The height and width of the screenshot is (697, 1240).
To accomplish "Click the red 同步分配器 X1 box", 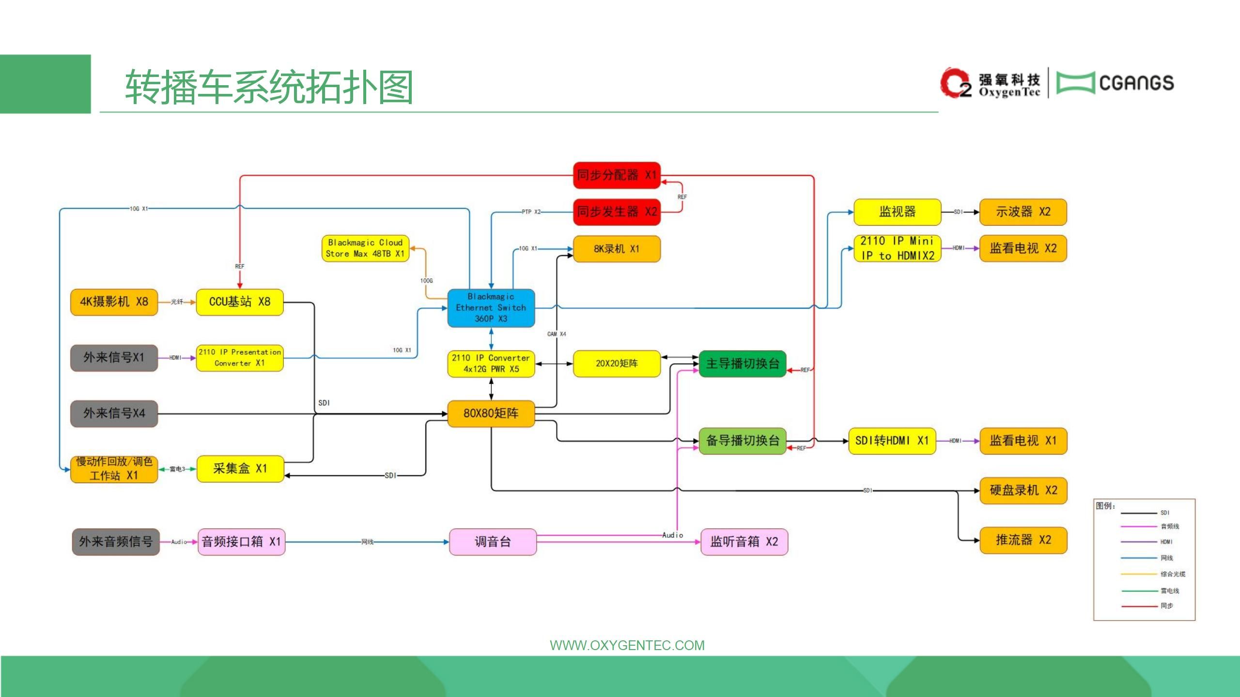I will pyautogui.click(x=616, y=175).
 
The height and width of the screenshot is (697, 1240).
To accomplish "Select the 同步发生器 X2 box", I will pyautogui.click(x=616, y=212).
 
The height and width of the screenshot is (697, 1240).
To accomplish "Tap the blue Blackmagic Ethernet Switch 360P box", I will pyautogui.click(x=491, y=308).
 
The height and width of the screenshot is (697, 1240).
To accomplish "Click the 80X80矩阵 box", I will pyautogui.click(x=491, y=413).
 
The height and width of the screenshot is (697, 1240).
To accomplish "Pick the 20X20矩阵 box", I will pyautogui.click(x=616, y=364).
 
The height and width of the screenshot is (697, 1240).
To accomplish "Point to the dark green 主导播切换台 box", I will pyautogui.click(x=742, y=364).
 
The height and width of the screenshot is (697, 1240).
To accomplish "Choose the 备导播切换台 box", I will pyautogui.click(x=742, y=440).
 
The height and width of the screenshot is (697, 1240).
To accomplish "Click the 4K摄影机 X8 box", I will pyautogui.click(x=114, y=302).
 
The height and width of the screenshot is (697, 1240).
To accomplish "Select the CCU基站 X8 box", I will pyautogui.click(x=239, y=302).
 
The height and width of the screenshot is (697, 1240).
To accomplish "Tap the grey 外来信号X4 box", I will pyautogui.click(x=114, y=413).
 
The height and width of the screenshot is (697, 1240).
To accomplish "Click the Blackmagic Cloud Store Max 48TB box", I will pyautogui.click(x=365, y=248).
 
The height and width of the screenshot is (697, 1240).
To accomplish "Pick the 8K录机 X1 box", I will pyautogui.click(x=616, y=249).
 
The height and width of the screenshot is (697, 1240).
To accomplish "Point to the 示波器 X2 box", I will pyautogui.click(x=1023, y=212).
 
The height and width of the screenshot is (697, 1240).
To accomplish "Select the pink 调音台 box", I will pyautogui.click(x=493, y=542).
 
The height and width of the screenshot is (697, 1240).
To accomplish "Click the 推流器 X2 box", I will pyautogui.click(x=1023, y=540).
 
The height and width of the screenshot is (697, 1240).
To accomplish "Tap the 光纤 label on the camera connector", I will pyautogui.click(x=177, y=302).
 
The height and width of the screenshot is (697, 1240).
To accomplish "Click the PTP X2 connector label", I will pyautogui.click(x=531, y=212).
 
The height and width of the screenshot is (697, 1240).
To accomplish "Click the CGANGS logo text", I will pyautogui.click(x=1136, y=83).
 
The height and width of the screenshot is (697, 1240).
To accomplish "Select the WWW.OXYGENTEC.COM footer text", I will pyautogui.click(x=627, y=645).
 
